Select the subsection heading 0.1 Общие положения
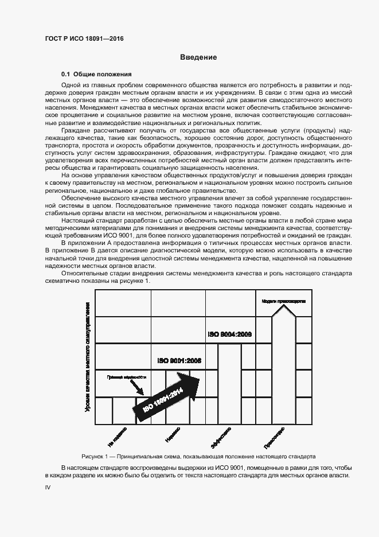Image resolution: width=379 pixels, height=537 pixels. click(x=97, y=75)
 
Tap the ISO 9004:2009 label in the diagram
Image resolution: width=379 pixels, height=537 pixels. click(x=229, y=334)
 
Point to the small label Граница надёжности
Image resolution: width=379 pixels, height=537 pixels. click(x=126, y=378)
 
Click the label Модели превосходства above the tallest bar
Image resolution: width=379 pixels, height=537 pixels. click(x=283, y=301)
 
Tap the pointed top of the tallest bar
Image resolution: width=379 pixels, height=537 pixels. click(x=283, y=310)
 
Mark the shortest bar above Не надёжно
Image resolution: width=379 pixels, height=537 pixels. click(x=123, y=411)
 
